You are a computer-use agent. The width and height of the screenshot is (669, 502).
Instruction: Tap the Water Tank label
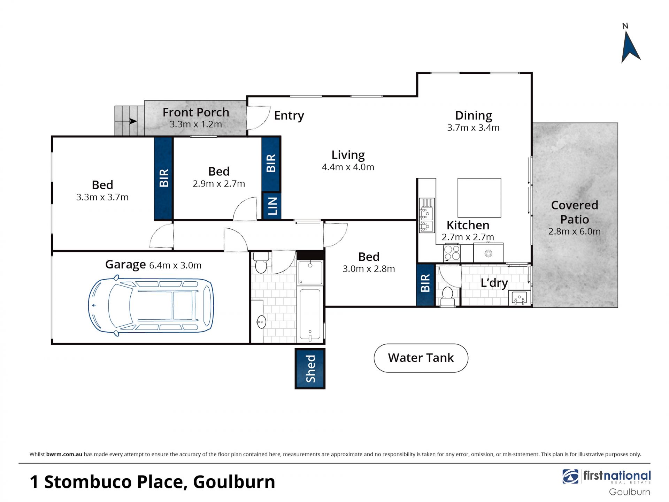(421, 358)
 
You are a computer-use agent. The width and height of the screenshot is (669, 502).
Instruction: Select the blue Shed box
(310, 368)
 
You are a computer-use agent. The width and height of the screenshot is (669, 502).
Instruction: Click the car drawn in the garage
(151, 305)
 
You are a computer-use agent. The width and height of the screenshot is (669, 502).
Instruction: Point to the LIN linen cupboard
(272, 206)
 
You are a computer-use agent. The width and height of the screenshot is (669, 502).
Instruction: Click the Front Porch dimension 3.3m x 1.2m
(195, 124)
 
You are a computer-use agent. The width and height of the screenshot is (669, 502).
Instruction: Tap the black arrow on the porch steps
(133, 121)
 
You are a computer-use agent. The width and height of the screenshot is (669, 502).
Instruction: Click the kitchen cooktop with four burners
(452, 253)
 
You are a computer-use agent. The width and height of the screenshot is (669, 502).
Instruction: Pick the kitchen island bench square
(479, 198)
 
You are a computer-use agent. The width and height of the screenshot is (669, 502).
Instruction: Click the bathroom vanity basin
(261, 322)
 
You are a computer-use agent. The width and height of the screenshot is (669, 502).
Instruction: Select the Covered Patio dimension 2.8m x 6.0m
(574, 231)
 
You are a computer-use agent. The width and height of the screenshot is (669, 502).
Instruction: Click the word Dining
(474, 115)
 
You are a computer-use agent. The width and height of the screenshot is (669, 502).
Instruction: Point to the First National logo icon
(570, 477)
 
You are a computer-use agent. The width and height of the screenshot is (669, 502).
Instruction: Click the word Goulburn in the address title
(234, 482)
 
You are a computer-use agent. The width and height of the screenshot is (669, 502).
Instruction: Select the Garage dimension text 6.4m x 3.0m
(175, 265)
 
